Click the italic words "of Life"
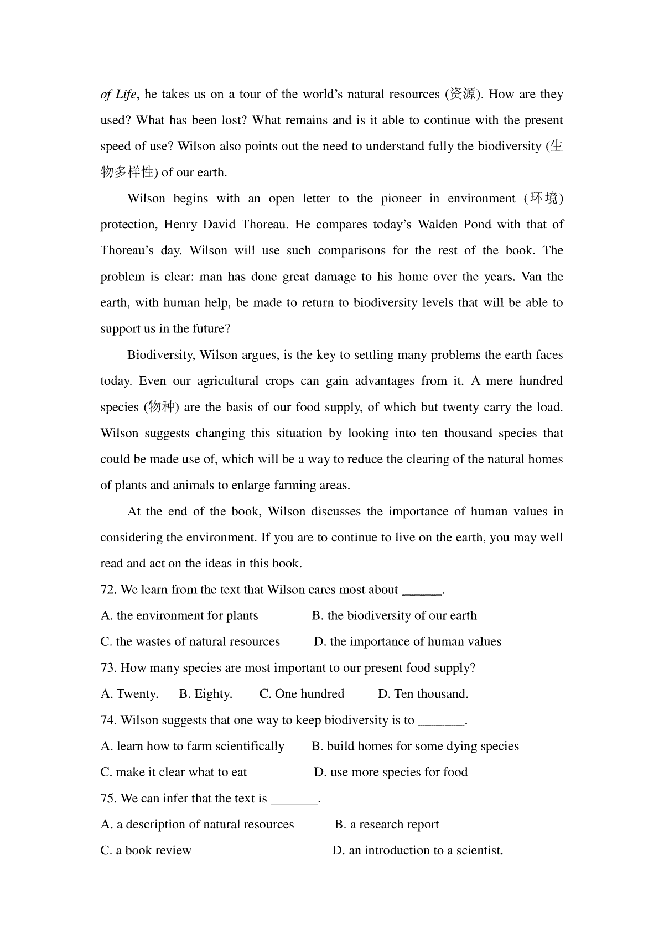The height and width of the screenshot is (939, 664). (x=118, y=95)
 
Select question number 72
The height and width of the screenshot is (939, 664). (x=108, y=590)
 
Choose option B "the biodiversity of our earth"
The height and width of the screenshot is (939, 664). (x=394, y=616)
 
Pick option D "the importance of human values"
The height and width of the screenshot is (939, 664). (x=407, y=642)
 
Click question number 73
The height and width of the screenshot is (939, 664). (x=108, y=668)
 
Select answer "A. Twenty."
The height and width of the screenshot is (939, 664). (x=129, y=694)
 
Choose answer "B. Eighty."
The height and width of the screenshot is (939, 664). (x=205, y=694)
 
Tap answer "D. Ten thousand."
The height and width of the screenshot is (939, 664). (x=423, y=694)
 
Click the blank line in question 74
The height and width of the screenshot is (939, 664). (x=442, y=721)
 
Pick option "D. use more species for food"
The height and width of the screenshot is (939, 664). (x=391, y=773)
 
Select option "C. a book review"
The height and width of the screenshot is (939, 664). (x=146, y=851)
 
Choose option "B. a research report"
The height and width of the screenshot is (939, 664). (x=387, y=825)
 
